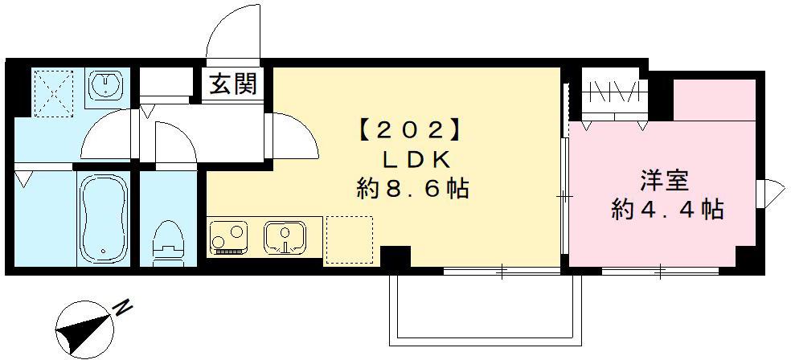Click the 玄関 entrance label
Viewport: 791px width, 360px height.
(x=234, y=84)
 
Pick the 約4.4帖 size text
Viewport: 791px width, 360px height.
(x=667, y=211)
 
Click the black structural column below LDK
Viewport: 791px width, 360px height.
(x=395, y=260)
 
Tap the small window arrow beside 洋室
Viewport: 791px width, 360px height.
(x=771, y=194)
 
